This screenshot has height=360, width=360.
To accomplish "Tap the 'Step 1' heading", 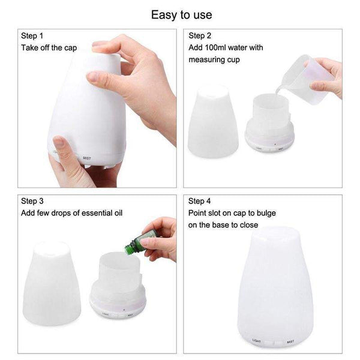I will point(33,35).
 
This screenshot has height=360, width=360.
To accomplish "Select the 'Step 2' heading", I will point(200,35).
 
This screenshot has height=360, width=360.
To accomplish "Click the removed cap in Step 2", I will point(214,124).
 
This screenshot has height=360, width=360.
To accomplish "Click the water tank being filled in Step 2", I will point(268,117).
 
